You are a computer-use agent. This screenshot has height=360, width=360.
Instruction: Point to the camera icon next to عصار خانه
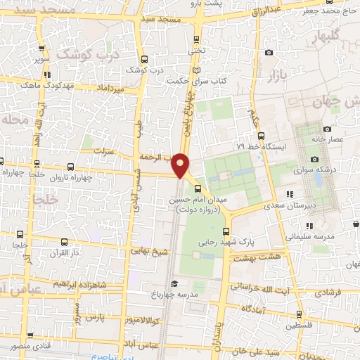pyautogui.click(x=327, y=129)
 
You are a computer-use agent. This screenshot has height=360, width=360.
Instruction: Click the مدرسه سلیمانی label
pyautogui.click(x=311, y=236)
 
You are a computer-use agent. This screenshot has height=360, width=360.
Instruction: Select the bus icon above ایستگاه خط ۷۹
pyautogui.click(x=261, y=136)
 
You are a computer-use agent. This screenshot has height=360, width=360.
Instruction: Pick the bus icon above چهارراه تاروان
pyautogui.click(x=70, y=167)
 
